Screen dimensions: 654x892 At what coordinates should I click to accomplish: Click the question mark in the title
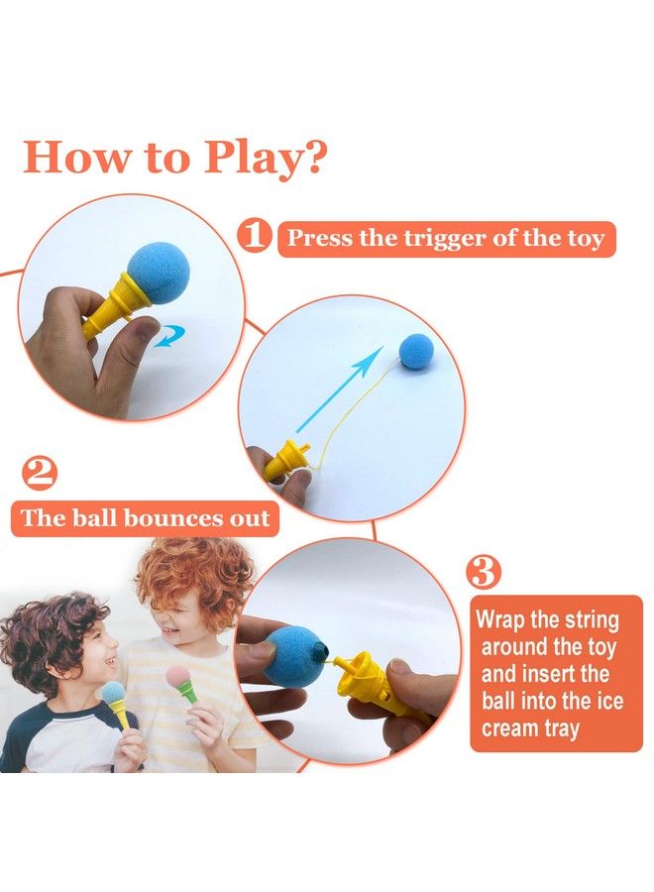(314, 158)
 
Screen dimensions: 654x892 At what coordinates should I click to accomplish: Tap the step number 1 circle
(255, 236)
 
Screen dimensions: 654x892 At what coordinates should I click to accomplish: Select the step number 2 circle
(40, 475)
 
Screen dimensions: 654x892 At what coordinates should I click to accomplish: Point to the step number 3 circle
(484, 573)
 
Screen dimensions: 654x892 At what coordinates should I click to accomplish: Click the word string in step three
(590, 620)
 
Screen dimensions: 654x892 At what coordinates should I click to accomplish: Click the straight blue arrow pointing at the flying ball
(340, 390)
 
